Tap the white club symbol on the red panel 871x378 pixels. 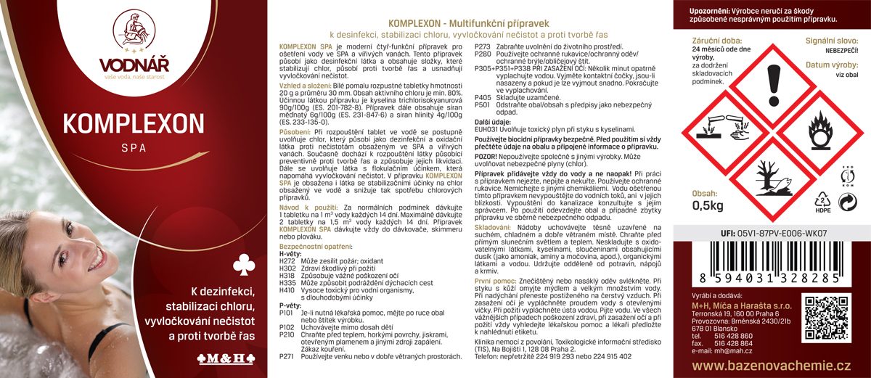[242, 266]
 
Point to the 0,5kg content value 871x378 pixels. [703, 206]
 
